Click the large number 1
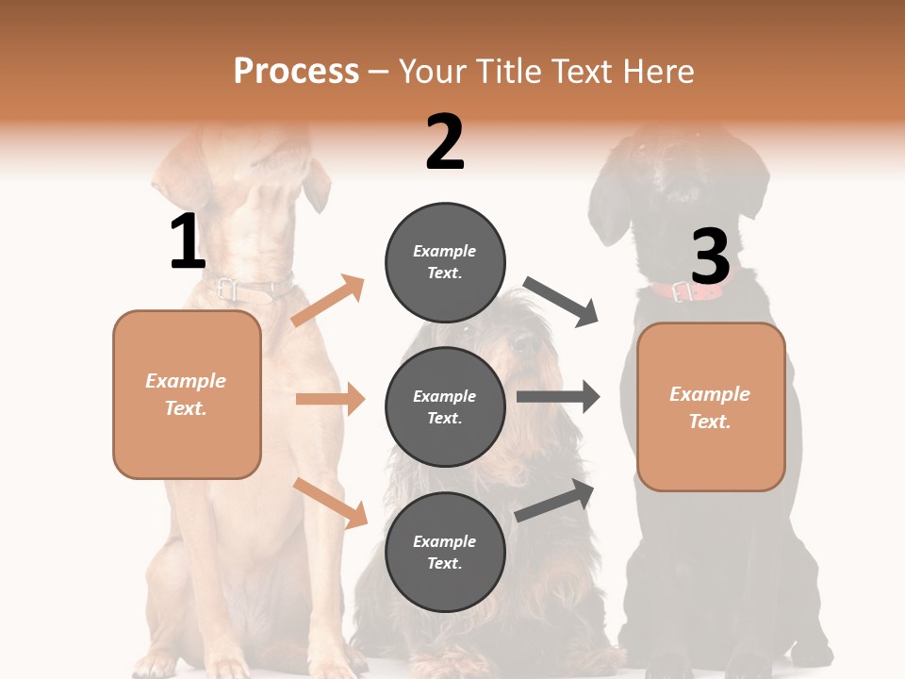point(187,241)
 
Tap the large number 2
point(445,143)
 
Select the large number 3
point(710,257)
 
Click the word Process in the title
point(296,72)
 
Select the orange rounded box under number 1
point(187,394)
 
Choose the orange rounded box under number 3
point(711,406)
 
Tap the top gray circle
point(445,262)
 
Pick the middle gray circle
point(445,406)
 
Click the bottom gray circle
point(445,552)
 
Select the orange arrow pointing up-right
point(328,301)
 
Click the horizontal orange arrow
point(330,399)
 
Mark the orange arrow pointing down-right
point(330,502)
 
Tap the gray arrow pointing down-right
point(561,301)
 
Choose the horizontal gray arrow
point(558,397)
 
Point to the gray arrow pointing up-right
point(555,500)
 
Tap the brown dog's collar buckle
point(227,290)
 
